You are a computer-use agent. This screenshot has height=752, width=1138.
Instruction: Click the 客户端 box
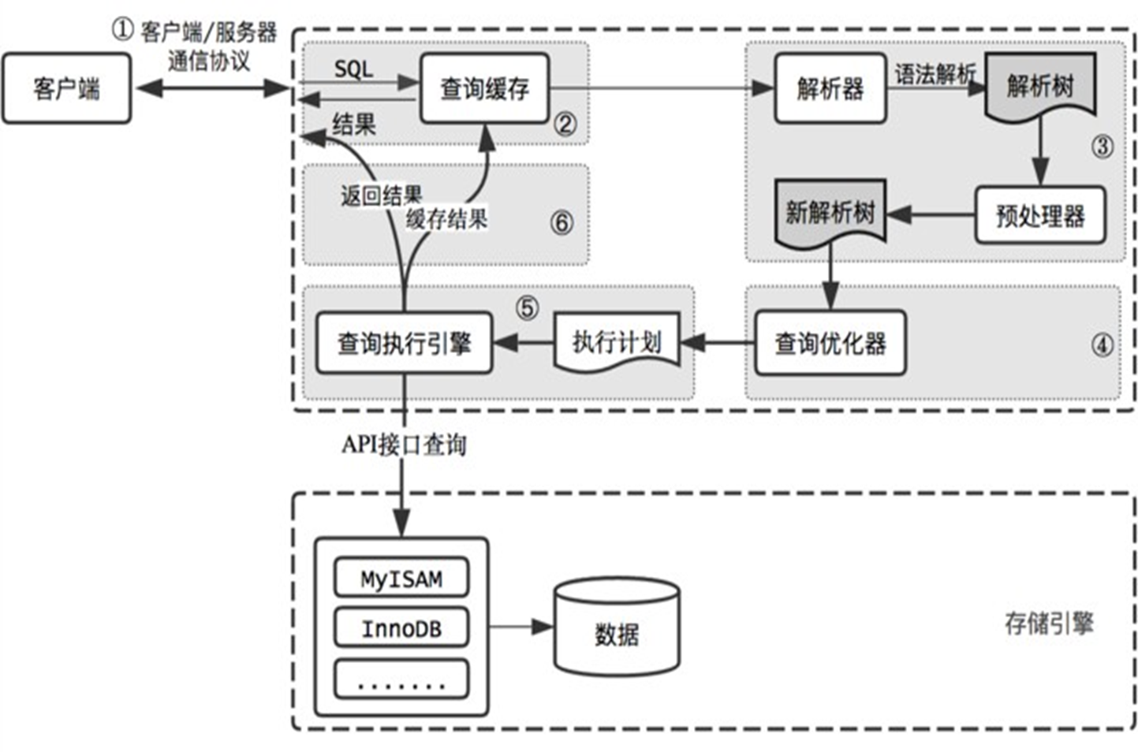tap(66, 88)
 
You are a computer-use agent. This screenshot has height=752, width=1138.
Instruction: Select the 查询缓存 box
tap(483, 88)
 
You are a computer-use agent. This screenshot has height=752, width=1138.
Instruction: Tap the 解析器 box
tap(830, 88)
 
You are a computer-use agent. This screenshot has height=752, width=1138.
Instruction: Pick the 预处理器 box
tap(1039, 214)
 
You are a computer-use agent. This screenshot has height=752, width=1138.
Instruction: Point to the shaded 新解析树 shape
tap(830, 213)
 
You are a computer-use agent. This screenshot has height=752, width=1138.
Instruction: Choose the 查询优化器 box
tap(830, 343)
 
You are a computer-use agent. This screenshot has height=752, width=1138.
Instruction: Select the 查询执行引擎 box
tap(404, 343)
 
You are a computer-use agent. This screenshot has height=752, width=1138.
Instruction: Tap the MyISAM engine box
tap(401, 578)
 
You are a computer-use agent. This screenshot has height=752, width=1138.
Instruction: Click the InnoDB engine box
tap(401, 628)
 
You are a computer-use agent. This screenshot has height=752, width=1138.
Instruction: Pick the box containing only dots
tap(401, 679)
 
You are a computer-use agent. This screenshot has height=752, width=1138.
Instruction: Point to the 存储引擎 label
tap(1048, 624)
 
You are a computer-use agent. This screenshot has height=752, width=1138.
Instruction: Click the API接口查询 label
tap(404, 445)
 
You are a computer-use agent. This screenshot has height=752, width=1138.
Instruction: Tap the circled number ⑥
tap(562, 222)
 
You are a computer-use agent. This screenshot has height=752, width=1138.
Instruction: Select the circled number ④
tap(1102, 344)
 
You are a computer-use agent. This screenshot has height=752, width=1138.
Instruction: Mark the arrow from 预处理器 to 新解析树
tap(931, 214)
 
